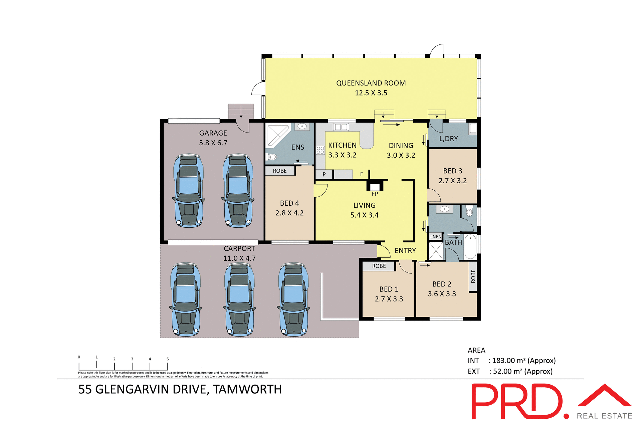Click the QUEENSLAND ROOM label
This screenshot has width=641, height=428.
click(x=371, y=83)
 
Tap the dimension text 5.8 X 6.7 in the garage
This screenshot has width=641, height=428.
click(x=213, y=143)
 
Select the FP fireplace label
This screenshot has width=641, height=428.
click(x=375, y=194)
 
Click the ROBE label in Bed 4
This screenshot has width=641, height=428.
click(x=279, y=171)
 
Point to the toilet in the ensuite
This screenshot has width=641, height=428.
click(x=272, y=157)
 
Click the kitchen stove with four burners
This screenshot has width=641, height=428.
click(x=320, y=150)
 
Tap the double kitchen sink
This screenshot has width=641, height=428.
click(x=341, y=127)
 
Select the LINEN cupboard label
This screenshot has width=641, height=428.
click(x=435, y=237)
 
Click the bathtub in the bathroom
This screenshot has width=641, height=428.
click(x=470, y=247)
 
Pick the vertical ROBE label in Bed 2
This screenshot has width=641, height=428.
click(x=473, y=276)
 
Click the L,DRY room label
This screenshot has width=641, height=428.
click(x=448, y=139)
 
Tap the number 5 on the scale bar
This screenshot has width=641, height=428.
click(x=168, y=359)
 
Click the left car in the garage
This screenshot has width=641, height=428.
click(x=189, y=191)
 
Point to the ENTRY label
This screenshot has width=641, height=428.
click(x=405, y=251)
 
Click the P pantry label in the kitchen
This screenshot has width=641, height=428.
click(x=324, y=174)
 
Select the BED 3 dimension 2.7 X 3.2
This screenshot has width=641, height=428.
click(x=452, y=181)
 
